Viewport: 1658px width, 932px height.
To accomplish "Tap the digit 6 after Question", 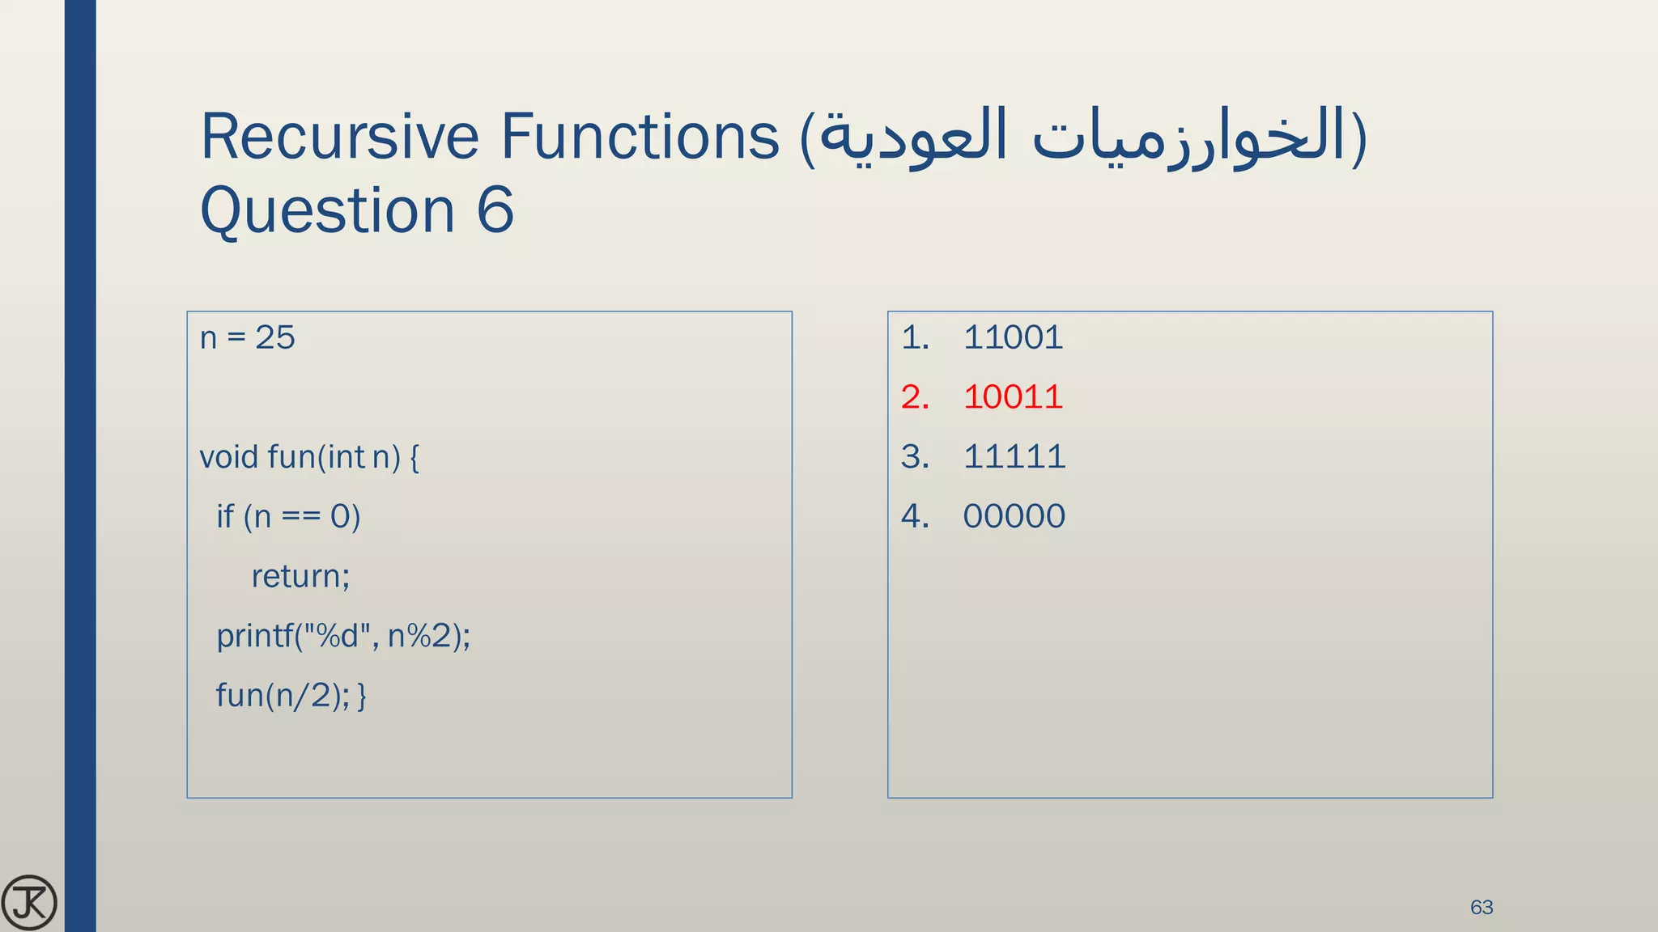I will [x=495, y=210].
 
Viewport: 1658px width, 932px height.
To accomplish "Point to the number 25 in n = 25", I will [x=275, y=337].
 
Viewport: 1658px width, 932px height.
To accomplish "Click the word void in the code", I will [x=229, y=457].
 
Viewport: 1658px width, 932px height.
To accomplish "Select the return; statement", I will [x=300, y=577].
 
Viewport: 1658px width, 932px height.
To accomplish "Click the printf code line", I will [x=343, y=636].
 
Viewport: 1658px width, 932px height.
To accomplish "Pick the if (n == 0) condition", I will [x=288, y=517].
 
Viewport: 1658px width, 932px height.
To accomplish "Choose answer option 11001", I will [x=1013, y=337].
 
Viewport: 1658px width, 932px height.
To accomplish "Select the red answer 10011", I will [x=1013, y=397].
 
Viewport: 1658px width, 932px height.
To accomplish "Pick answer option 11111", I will [x=1014, y=457].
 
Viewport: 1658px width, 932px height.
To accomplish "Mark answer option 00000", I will [x=1014, y=516].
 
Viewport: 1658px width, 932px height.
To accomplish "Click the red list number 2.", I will [x=914, y=397].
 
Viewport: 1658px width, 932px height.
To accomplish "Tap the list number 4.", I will [x=914, y=516].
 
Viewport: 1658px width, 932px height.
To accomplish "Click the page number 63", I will [x=1482, y=907].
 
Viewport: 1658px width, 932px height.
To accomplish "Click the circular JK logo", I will [x=29, y=902].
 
